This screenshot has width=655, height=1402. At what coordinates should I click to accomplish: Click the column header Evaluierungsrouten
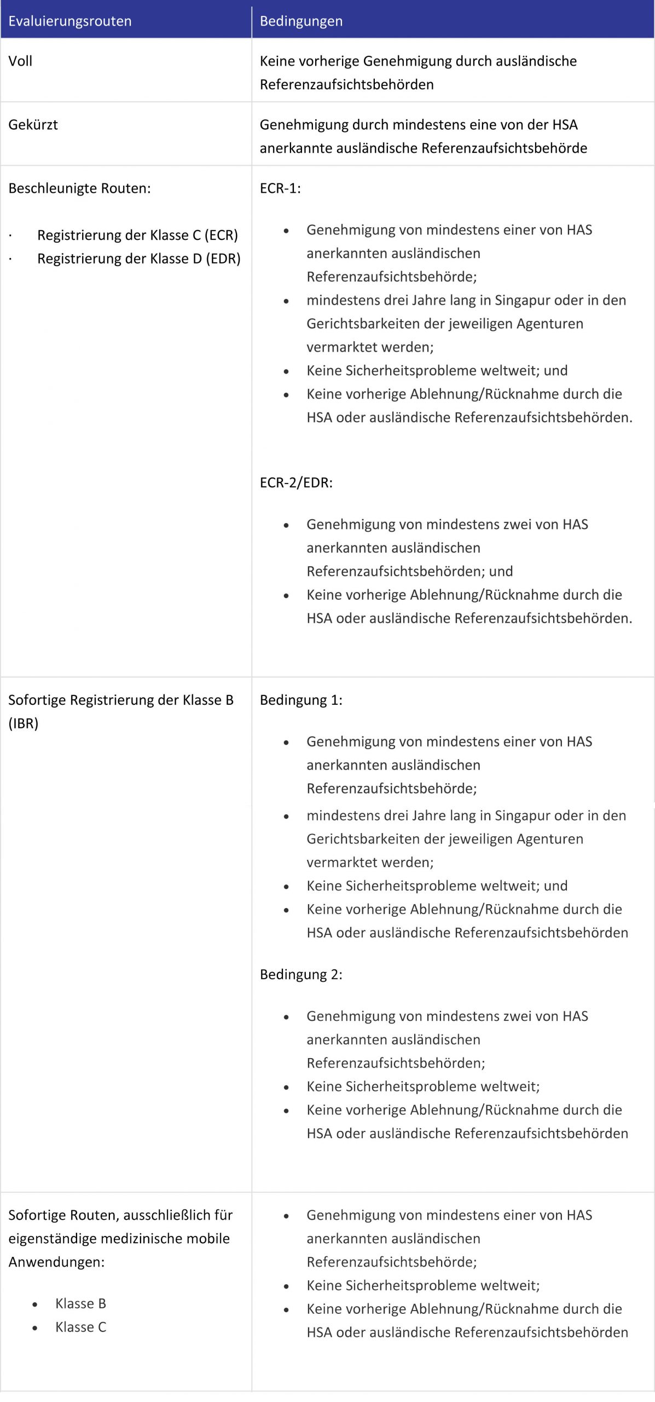click(x=70, y=21)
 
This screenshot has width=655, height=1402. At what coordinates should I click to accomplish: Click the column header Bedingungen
click(x=301, y=21)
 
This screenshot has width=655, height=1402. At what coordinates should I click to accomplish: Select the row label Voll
click(x=20, y=61)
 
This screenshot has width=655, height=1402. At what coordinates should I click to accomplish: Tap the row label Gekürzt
click(x=33, y=125)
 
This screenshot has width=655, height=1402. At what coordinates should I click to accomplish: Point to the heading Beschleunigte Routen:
click(x=79, y=188)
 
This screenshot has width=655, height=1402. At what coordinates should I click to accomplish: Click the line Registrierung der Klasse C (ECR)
click(x=137, y=235)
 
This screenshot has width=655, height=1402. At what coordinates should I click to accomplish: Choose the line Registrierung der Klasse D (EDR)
click(x=138, y=258)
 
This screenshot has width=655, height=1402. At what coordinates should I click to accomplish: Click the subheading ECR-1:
click(x=280, y=188)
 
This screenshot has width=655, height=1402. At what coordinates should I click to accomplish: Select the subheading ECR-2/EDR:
click(x=296, y=482)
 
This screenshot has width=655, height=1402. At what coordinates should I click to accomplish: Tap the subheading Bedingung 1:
click(x=301, y=700)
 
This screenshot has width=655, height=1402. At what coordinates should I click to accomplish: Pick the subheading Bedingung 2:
click(x=301, y=974)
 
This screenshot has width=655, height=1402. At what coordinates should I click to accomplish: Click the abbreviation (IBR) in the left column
click(x=24, y=723)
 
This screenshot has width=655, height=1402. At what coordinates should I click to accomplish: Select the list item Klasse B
click(x=80, y=1303)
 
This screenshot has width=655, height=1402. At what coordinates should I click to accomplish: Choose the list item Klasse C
click(x=80, y=1327)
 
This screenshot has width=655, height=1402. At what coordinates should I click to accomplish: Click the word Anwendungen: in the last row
click(x=56, y=1262)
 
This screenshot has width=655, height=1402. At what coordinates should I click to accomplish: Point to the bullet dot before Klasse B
click(x=35, y=1305)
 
